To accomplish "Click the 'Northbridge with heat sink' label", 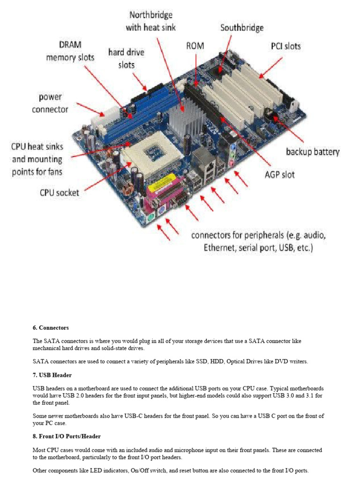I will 150,21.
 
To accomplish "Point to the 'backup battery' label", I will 313,152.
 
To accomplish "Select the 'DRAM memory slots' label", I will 70,51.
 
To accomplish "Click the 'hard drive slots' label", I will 126,58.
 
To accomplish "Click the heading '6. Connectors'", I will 51,327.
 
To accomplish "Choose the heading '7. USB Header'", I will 52,375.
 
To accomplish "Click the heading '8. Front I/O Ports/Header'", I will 67,436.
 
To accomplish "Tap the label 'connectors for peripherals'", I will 258,240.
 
